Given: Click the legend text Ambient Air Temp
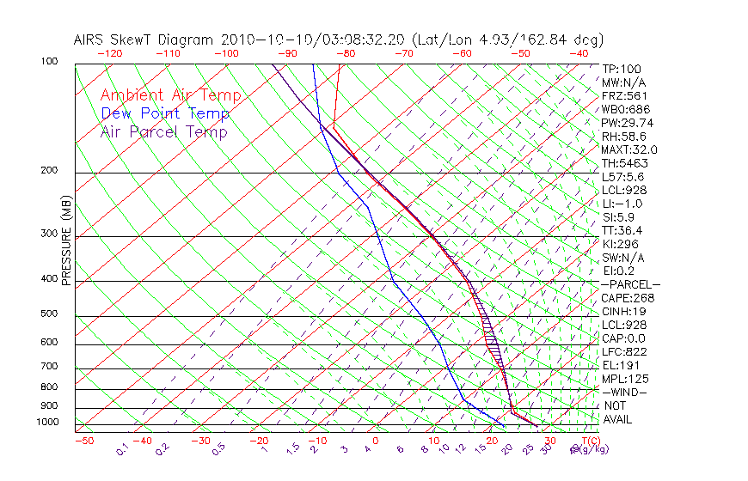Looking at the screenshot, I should pyautogui.click(x=170, y=95).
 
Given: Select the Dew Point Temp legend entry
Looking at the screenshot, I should pyautogui.click(x=165, y=113).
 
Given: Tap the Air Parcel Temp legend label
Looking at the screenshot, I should pyautogui.click(x=164, y=131).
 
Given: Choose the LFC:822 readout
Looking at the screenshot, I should pyautogui.click(x=624, y=352).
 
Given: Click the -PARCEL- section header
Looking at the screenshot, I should pyautogui.click(x=630, y=284).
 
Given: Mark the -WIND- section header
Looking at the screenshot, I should pyautogui.click(x=624, y=393).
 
